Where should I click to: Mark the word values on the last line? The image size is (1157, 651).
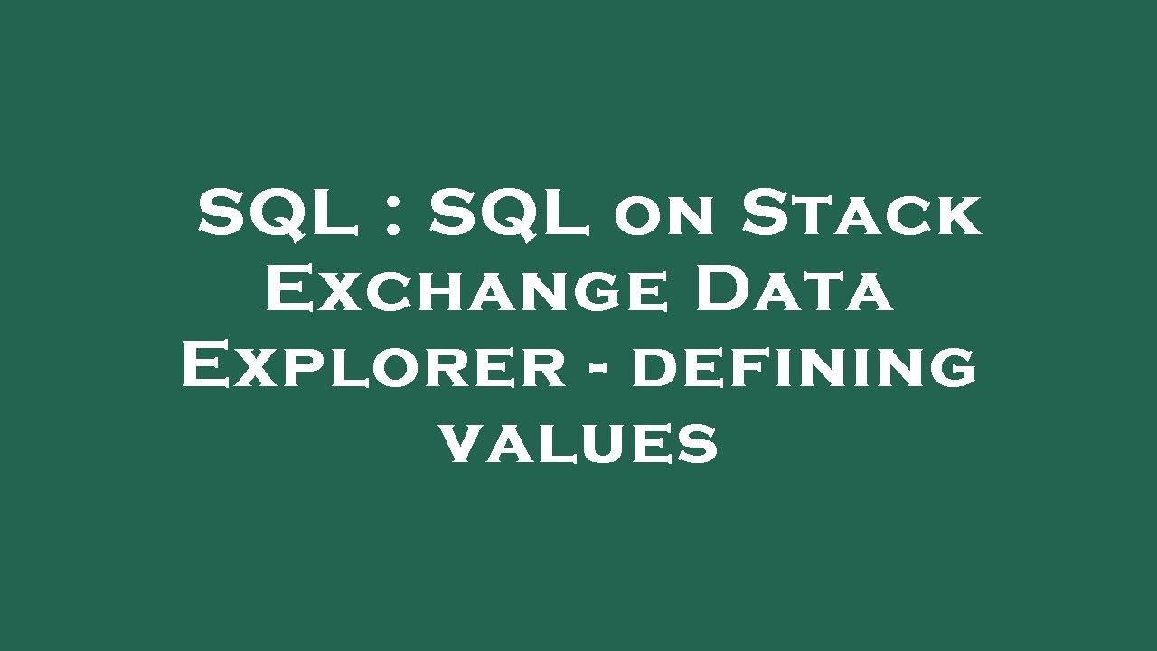(x=578, y=444)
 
